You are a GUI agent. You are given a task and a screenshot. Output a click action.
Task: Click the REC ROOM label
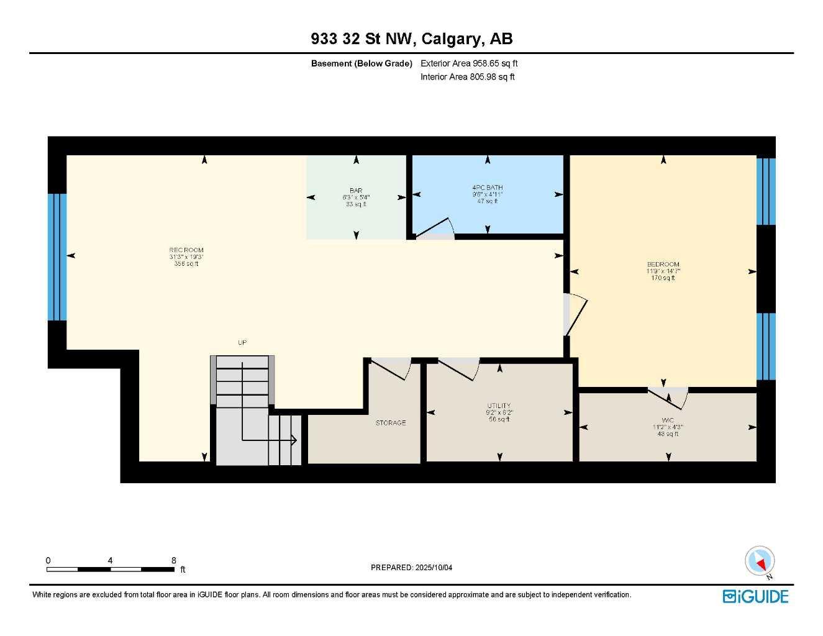pos(186,250)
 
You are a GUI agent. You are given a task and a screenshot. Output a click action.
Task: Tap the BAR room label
pos(356,191)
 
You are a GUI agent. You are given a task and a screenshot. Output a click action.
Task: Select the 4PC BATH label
pos(488,187)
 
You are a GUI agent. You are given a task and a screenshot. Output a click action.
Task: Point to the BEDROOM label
pos(663,265)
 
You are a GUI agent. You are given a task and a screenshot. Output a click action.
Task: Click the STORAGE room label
pos(390,423)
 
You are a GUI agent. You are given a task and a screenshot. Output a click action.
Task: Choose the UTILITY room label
pos(499,406)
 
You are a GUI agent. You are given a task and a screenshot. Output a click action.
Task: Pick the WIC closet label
pos(668,420)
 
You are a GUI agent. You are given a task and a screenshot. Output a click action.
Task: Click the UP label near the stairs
pos(242,343)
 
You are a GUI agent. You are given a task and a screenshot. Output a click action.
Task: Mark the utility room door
pos(460,369)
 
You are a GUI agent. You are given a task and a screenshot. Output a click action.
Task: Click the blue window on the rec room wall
pos(57,257)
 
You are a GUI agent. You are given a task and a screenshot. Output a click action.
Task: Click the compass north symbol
pos(760,561)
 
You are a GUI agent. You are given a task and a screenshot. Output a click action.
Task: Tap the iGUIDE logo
pos(755,597)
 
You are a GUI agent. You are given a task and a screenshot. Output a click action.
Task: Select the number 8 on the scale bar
pos(174,560)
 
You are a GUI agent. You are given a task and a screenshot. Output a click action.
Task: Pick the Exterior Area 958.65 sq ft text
pos(469,63)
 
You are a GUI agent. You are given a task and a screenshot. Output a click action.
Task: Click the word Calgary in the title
pos(452,39)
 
